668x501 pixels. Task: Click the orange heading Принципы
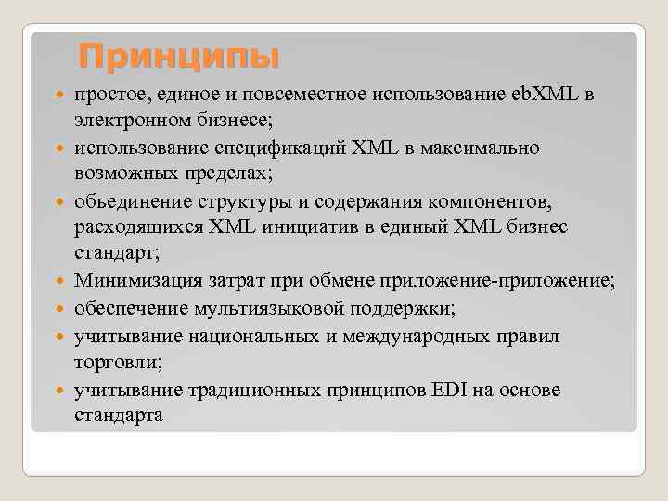[x=178, y=57]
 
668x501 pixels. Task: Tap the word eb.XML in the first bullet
[x=544, y=94]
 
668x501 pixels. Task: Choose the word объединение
[x=130, y=201]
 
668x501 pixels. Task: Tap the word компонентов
[x=509, y=201]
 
